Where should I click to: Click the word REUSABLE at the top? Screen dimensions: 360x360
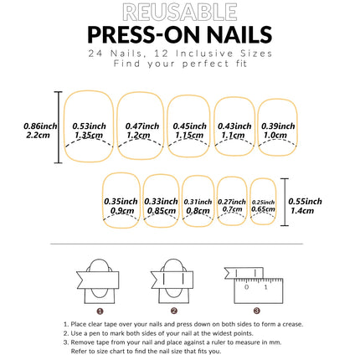[x=179, y=12]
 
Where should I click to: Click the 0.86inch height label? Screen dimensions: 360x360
[x=39, y=129]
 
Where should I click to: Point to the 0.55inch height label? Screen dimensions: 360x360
[x=304, y=206]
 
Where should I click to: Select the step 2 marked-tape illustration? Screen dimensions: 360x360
[x=173, y=284]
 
